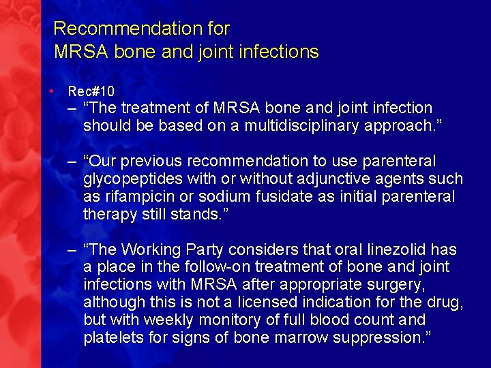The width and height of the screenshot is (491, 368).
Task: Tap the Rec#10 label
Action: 91,91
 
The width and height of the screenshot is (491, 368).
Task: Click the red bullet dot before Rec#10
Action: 51,90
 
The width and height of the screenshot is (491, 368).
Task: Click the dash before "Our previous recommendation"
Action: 72,162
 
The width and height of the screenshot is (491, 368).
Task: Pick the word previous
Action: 155,162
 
